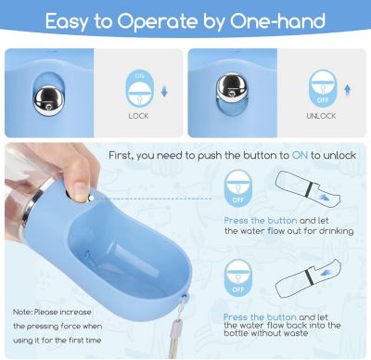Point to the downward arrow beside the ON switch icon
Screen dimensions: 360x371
point(163,91)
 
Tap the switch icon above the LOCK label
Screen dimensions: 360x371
point(138,89)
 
